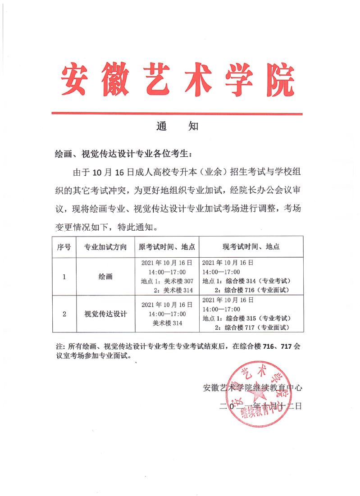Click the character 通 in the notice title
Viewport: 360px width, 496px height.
(x=162, y=127)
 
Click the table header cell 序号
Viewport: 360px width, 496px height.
(x=64, y=247)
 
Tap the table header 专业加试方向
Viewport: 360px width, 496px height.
(x=105, y=247)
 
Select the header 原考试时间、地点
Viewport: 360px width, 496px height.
(x=167, y=247)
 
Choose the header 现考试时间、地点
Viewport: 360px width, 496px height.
(x=251, y=247)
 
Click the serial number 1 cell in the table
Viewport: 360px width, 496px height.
(x=64, y=277)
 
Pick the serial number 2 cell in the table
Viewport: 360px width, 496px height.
(x=64, y=314)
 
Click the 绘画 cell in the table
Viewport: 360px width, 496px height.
(x=105, y=277)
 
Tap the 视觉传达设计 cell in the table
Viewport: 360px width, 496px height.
(x=105, y=314)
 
